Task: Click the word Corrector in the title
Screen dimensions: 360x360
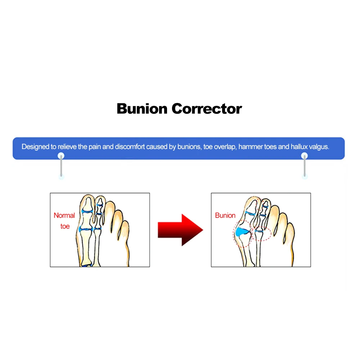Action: tap(207, 108)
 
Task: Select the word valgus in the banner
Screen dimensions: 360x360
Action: tap(318, 147)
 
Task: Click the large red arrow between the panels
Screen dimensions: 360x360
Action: tap(180, 230)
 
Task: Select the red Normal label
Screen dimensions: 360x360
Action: tap(64, 216)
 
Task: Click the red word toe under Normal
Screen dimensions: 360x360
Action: tap(65, 227)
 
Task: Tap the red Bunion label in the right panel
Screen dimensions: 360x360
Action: tap(225, 216)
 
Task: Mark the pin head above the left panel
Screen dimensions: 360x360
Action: tap(61, 156)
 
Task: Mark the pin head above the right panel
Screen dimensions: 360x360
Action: tap(305, 156)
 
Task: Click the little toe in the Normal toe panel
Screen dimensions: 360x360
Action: tap(124, 230)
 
